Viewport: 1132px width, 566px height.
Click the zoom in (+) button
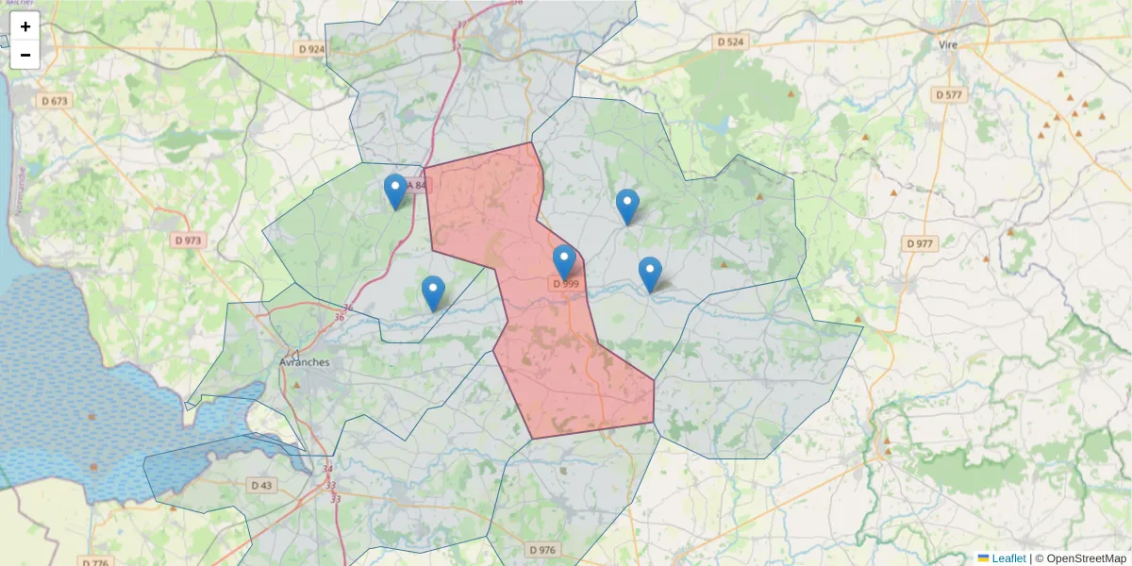coord(25,26)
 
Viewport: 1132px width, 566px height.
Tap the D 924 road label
coord(309,49)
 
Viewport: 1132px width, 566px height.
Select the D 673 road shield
coord(56,101)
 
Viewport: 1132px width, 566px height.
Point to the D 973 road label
coord(189,241)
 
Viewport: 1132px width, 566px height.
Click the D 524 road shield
coord(730,42)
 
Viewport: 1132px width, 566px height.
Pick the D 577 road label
coord(948,95)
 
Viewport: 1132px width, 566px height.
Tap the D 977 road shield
coord(919,243)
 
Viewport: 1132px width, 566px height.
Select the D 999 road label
coord(565,283)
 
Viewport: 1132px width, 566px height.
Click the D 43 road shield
coord(261,485)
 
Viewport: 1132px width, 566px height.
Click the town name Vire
coord(949,43)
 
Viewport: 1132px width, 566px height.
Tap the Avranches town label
coord(305,362)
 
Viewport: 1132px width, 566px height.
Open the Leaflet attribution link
coord(1008,558)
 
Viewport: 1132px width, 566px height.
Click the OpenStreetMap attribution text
coord(1086,558)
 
